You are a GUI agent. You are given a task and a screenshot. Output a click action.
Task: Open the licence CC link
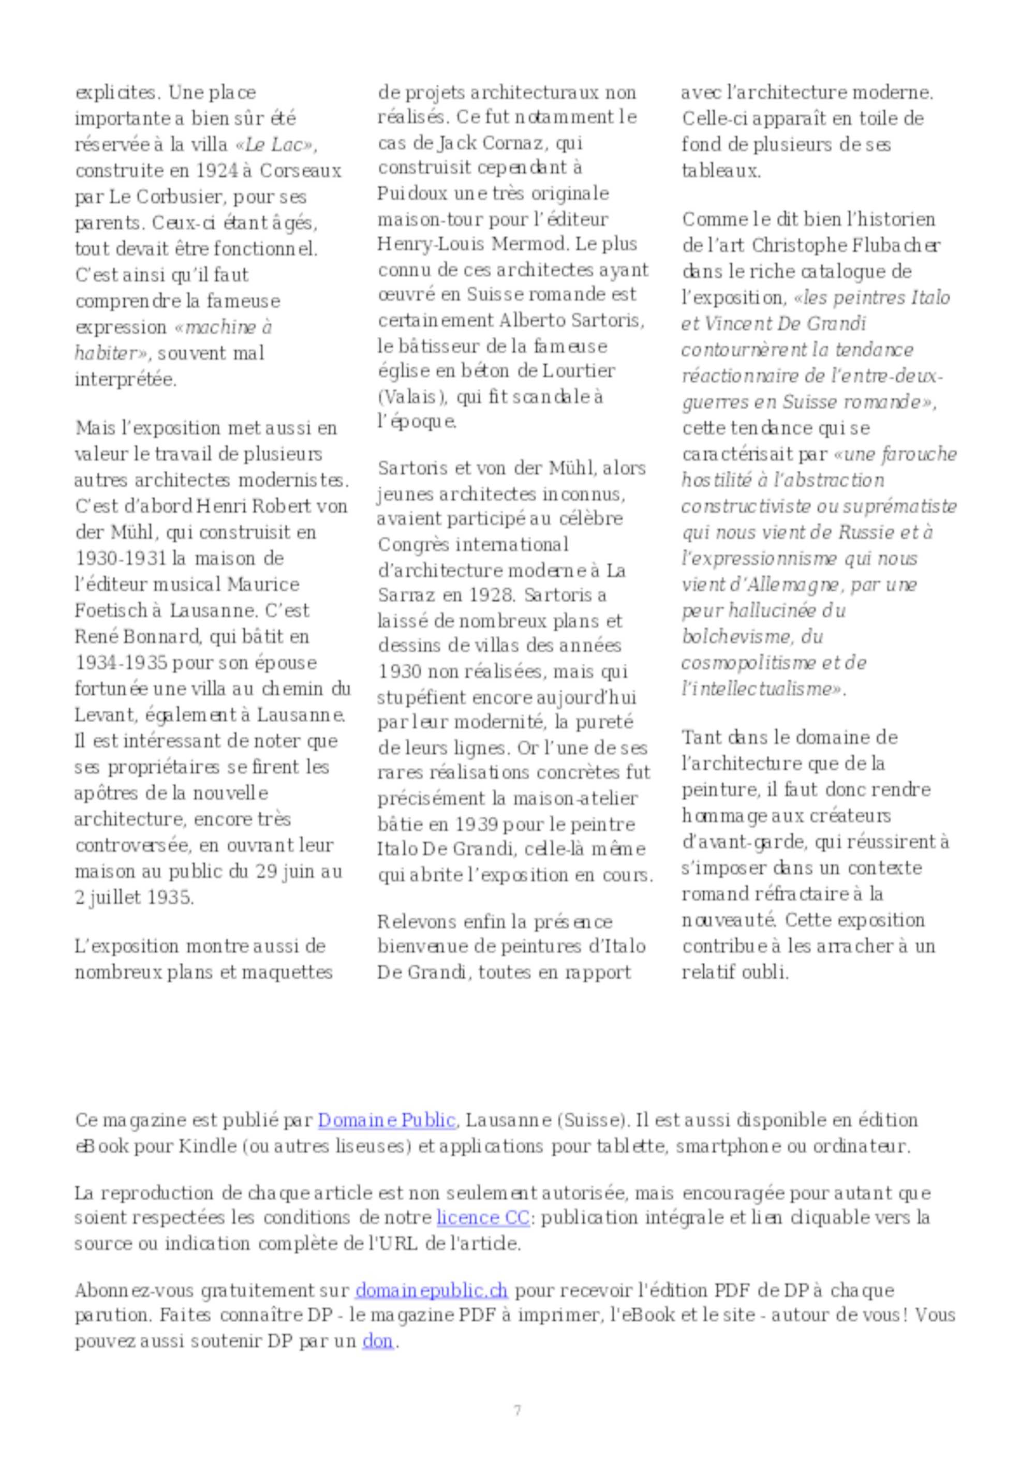(483, 1218)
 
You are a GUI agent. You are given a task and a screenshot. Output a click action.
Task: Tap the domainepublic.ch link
(432, 1291)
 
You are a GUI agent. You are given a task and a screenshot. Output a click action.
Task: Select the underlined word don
(378, 1341)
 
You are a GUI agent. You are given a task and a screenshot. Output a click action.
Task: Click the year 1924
(217, 170)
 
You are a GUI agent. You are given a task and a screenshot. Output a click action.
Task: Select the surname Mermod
(529, 244)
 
